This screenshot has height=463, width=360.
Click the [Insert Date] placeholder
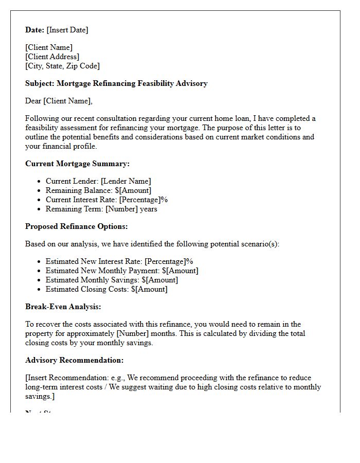(x=67, y=30)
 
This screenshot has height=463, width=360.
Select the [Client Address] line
(x=52, y=57)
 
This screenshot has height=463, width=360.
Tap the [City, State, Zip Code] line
(x=62, y=66)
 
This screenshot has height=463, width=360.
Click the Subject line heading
(x=116, y=83)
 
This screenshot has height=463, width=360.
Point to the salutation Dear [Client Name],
(x=59, y=101)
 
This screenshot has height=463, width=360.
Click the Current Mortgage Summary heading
(x=77, y=164)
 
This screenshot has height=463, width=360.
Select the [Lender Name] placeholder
(x=126, y=181)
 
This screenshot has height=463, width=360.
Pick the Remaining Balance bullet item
(x=98, y=190)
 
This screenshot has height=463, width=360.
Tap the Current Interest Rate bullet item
(x=106, y=200)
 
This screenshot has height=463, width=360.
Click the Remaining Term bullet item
(x=101, y=209)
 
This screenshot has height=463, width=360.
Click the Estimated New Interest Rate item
(x=119, y=261)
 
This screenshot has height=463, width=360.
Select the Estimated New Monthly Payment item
(x=122, y=271)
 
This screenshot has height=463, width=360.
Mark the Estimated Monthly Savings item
(x=112, y=280)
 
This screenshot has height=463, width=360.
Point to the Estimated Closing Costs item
(x=106, y=289)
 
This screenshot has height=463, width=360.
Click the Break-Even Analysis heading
(x=63, y=307)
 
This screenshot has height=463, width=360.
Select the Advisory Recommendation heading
(x=74, y=360)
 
